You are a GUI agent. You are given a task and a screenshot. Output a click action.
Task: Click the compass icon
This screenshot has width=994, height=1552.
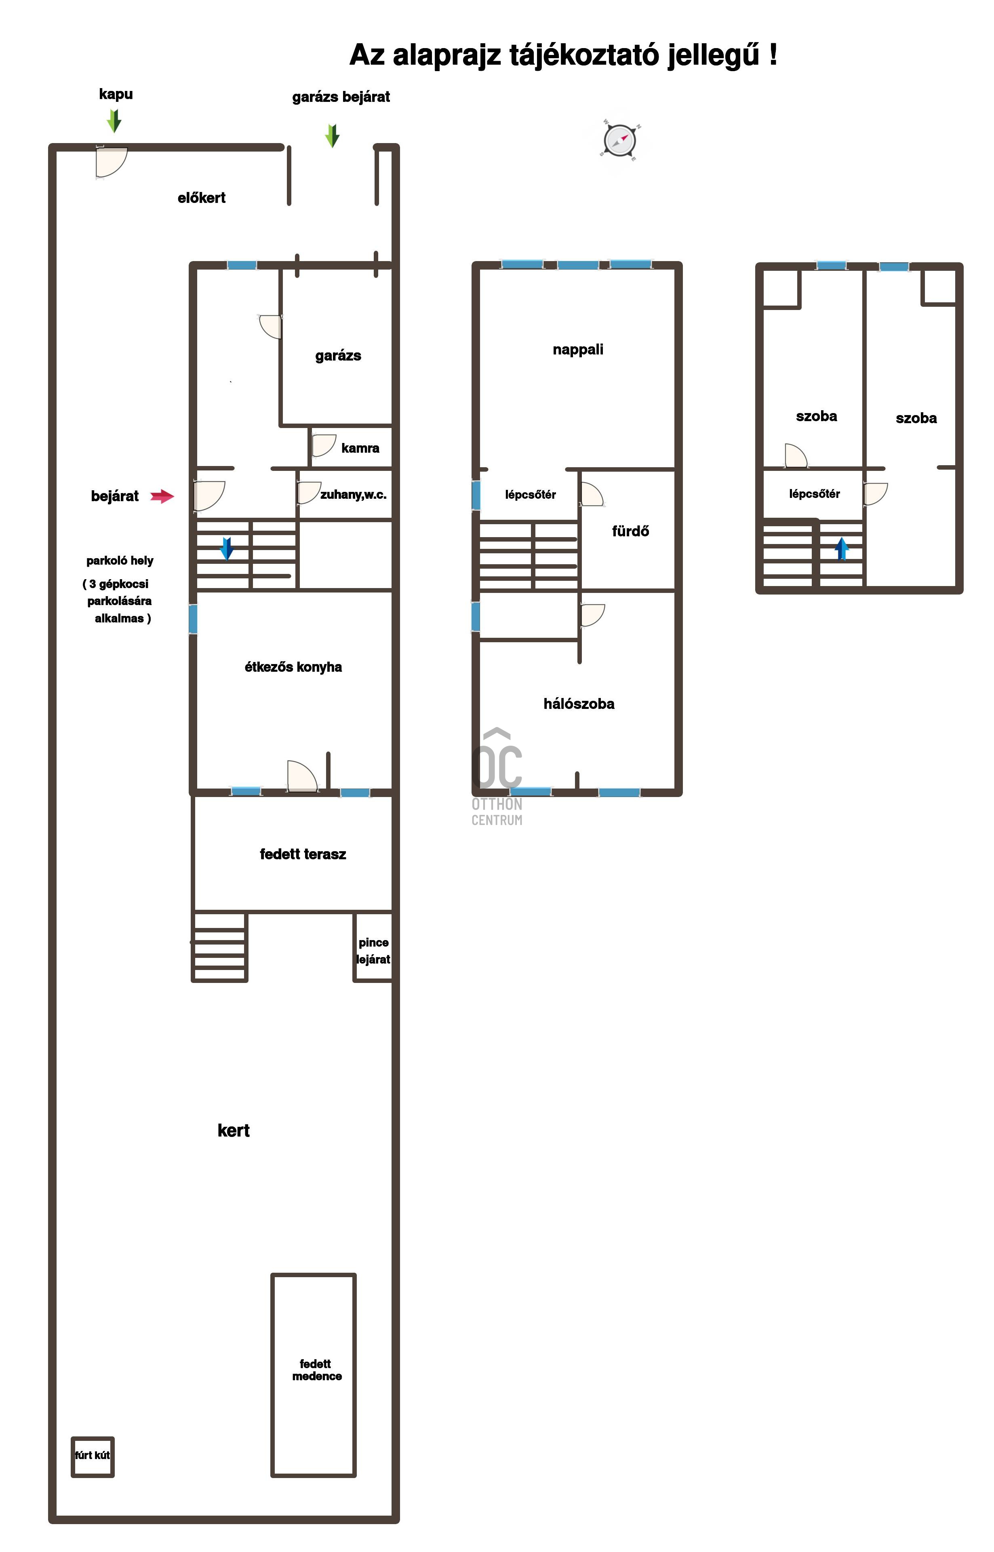point(620,139)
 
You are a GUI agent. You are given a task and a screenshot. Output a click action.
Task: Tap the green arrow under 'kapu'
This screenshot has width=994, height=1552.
point(114,121)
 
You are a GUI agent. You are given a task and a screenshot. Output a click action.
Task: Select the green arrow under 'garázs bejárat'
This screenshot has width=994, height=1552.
point(333,135)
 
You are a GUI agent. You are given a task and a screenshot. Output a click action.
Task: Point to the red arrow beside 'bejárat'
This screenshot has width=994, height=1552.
point(162,496)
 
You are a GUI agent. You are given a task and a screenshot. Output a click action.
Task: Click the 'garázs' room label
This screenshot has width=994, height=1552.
point(338,356)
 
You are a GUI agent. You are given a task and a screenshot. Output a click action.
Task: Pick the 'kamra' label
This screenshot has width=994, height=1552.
point(360,448)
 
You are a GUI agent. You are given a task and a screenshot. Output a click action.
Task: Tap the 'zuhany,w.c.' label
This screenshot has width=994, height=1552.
point(354,495)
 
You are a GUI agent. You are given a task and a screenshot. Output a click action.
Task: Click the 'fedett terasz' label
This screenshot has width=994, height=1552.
point(303,854)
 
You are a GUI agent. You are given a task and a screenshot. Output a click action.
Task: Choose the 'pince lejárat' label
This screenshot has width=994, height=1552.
point(373,951)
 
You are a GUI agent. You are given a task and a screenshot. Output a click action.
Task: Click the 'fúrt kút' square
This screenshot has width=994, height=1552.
point(92,1457)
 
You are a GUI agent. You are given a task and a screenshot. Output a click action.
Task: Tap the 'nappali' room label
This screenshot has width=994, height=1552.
point(578,349)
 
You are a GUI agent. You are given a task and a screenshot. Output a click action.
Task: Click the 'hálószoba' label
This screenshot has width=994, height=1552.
point(579,704)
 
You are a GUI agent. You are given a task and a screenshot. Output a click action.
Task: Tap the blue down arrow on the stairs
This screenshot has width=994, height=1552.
point(227,548)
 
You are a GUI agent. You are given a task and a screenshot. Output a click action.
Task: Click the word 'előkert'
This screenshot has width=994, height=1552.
point(201,198)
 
